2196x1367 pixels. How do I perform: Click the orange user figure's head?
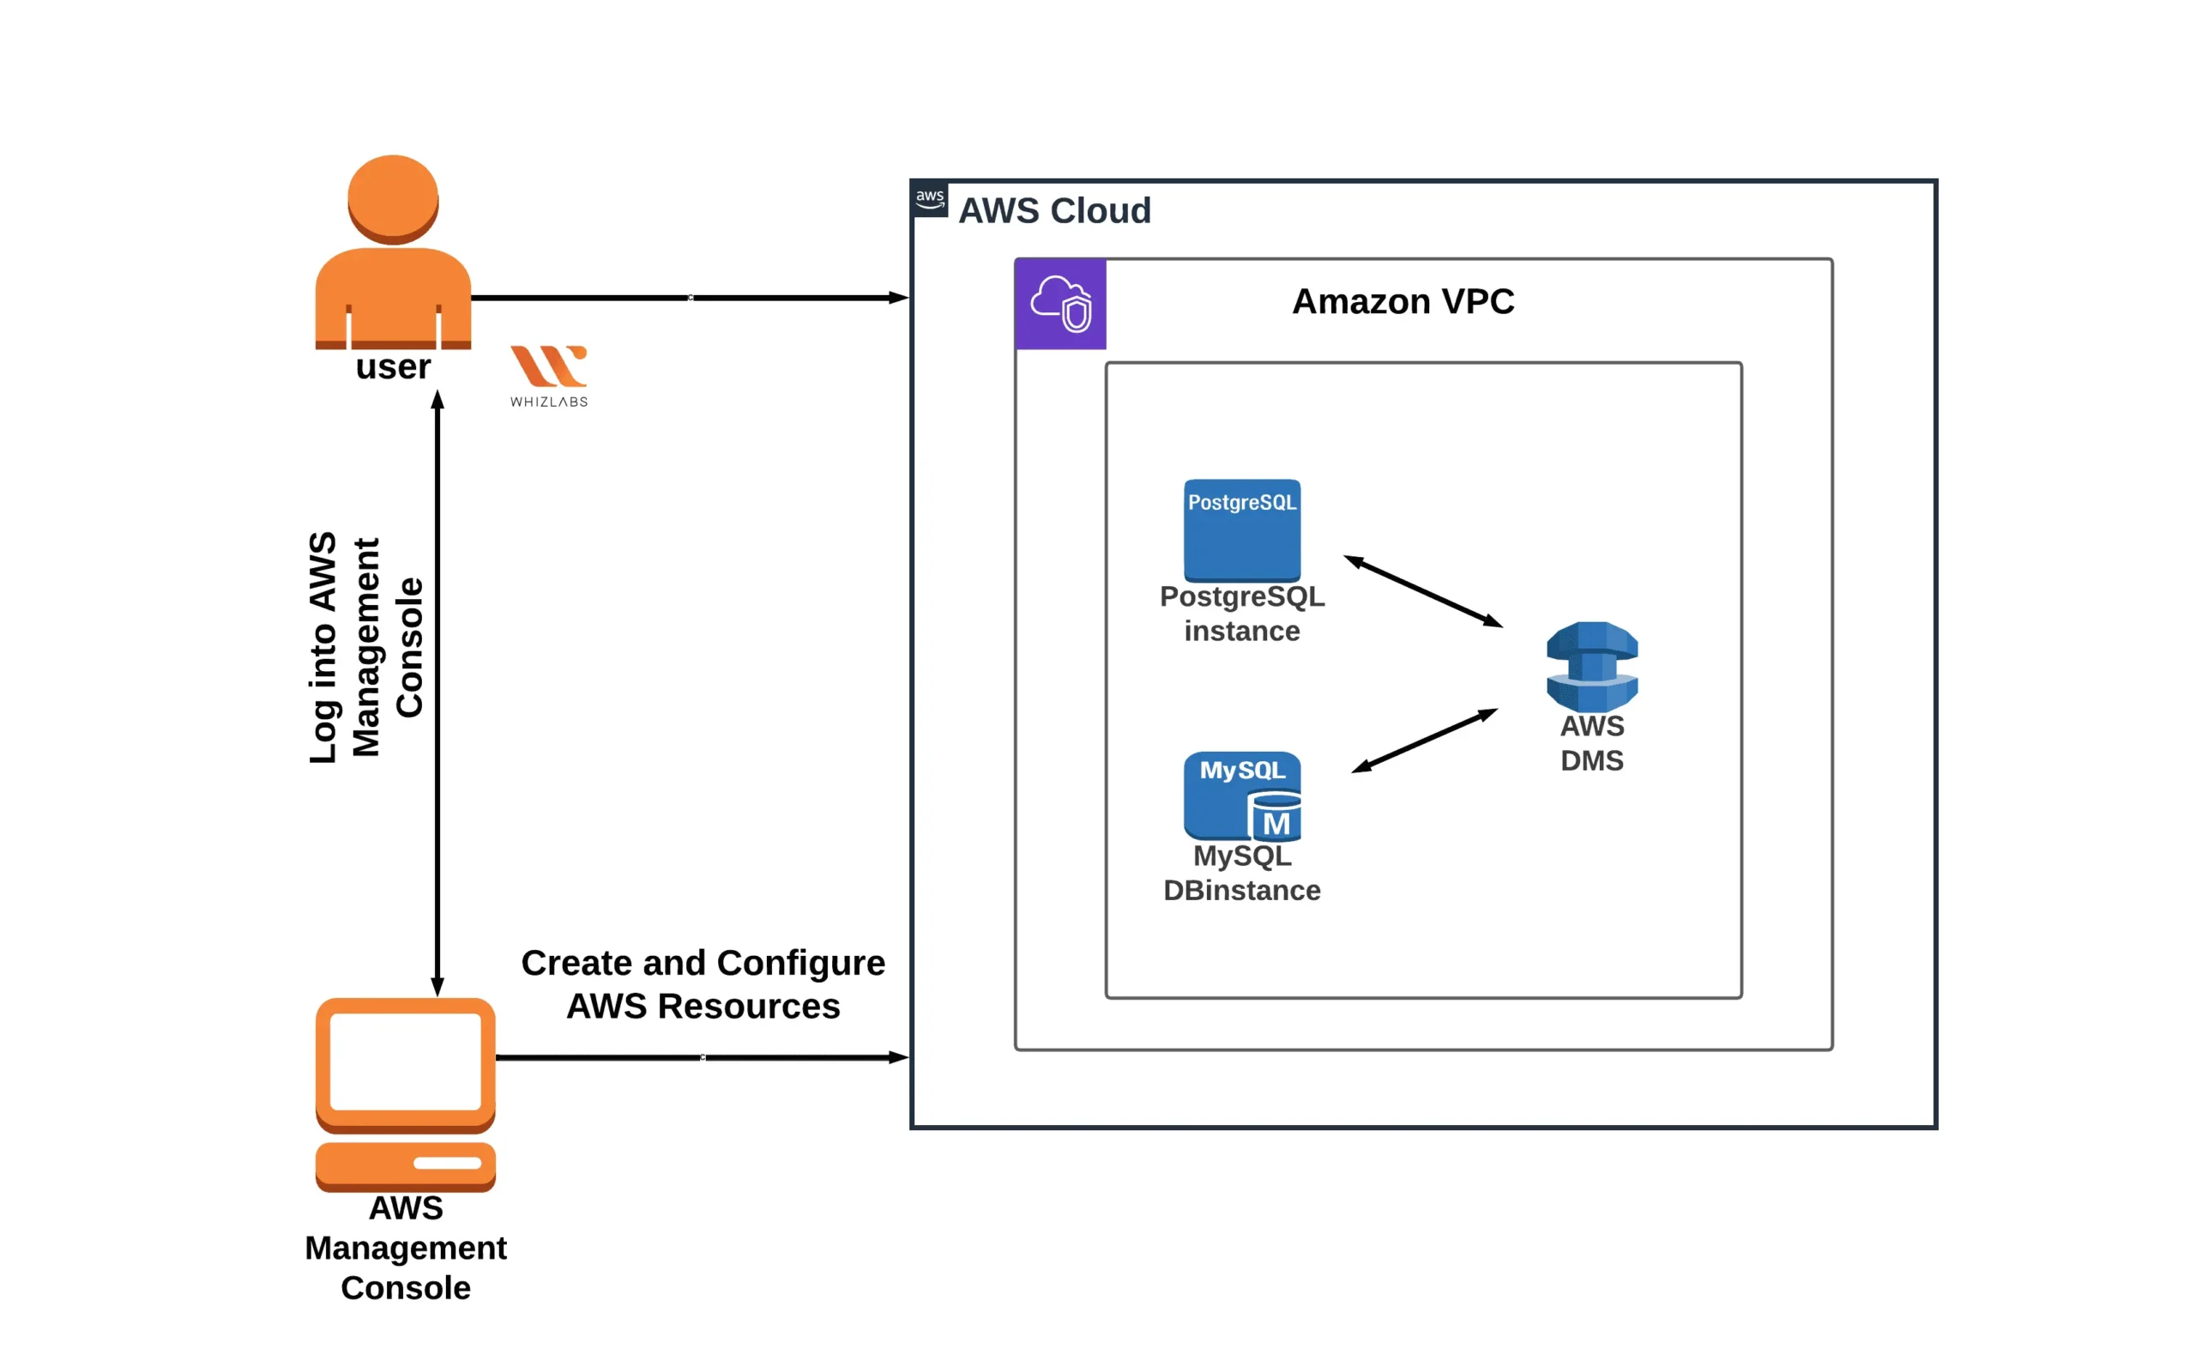[x=393, y=198]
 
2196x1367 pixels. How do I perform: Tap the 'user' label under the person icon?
[x=393, y=367]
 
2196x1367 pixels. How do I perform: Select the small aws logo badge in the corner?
[x=930, y=199]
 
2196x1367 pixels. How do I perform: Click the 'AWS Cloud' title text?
[x=1053, y=210]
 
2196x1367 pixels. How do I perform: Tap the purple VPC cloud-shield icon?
[x=1060, y=304]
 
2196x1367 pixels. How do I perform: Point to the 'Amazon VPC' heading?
[x=1403, y=301]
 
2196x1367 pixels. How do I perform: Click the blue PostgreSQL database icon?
[x=1242, y=530]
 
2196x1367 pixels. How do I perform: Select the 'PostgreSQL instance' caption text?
[x=1242, y=613]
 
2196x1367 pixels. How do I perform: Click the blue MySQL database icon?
[x=1242, y=795]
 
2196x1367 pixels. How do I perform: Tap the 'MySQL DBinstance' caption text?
[x=1242, y=873]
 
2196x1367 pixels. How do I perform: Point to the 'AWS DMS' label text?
[x=1591, y=743]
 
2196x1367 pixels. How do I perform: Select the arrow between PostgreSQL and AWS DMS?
[x=1423, y=591]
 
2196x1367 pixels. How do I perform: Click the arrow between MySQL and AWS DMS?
[x=1424, y=741]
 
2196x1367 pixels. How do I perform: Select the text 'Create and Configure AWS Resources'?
[x=703, y=984]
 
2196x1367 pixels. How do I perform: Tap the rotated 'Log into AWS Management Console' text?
[x=365, y=647]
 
